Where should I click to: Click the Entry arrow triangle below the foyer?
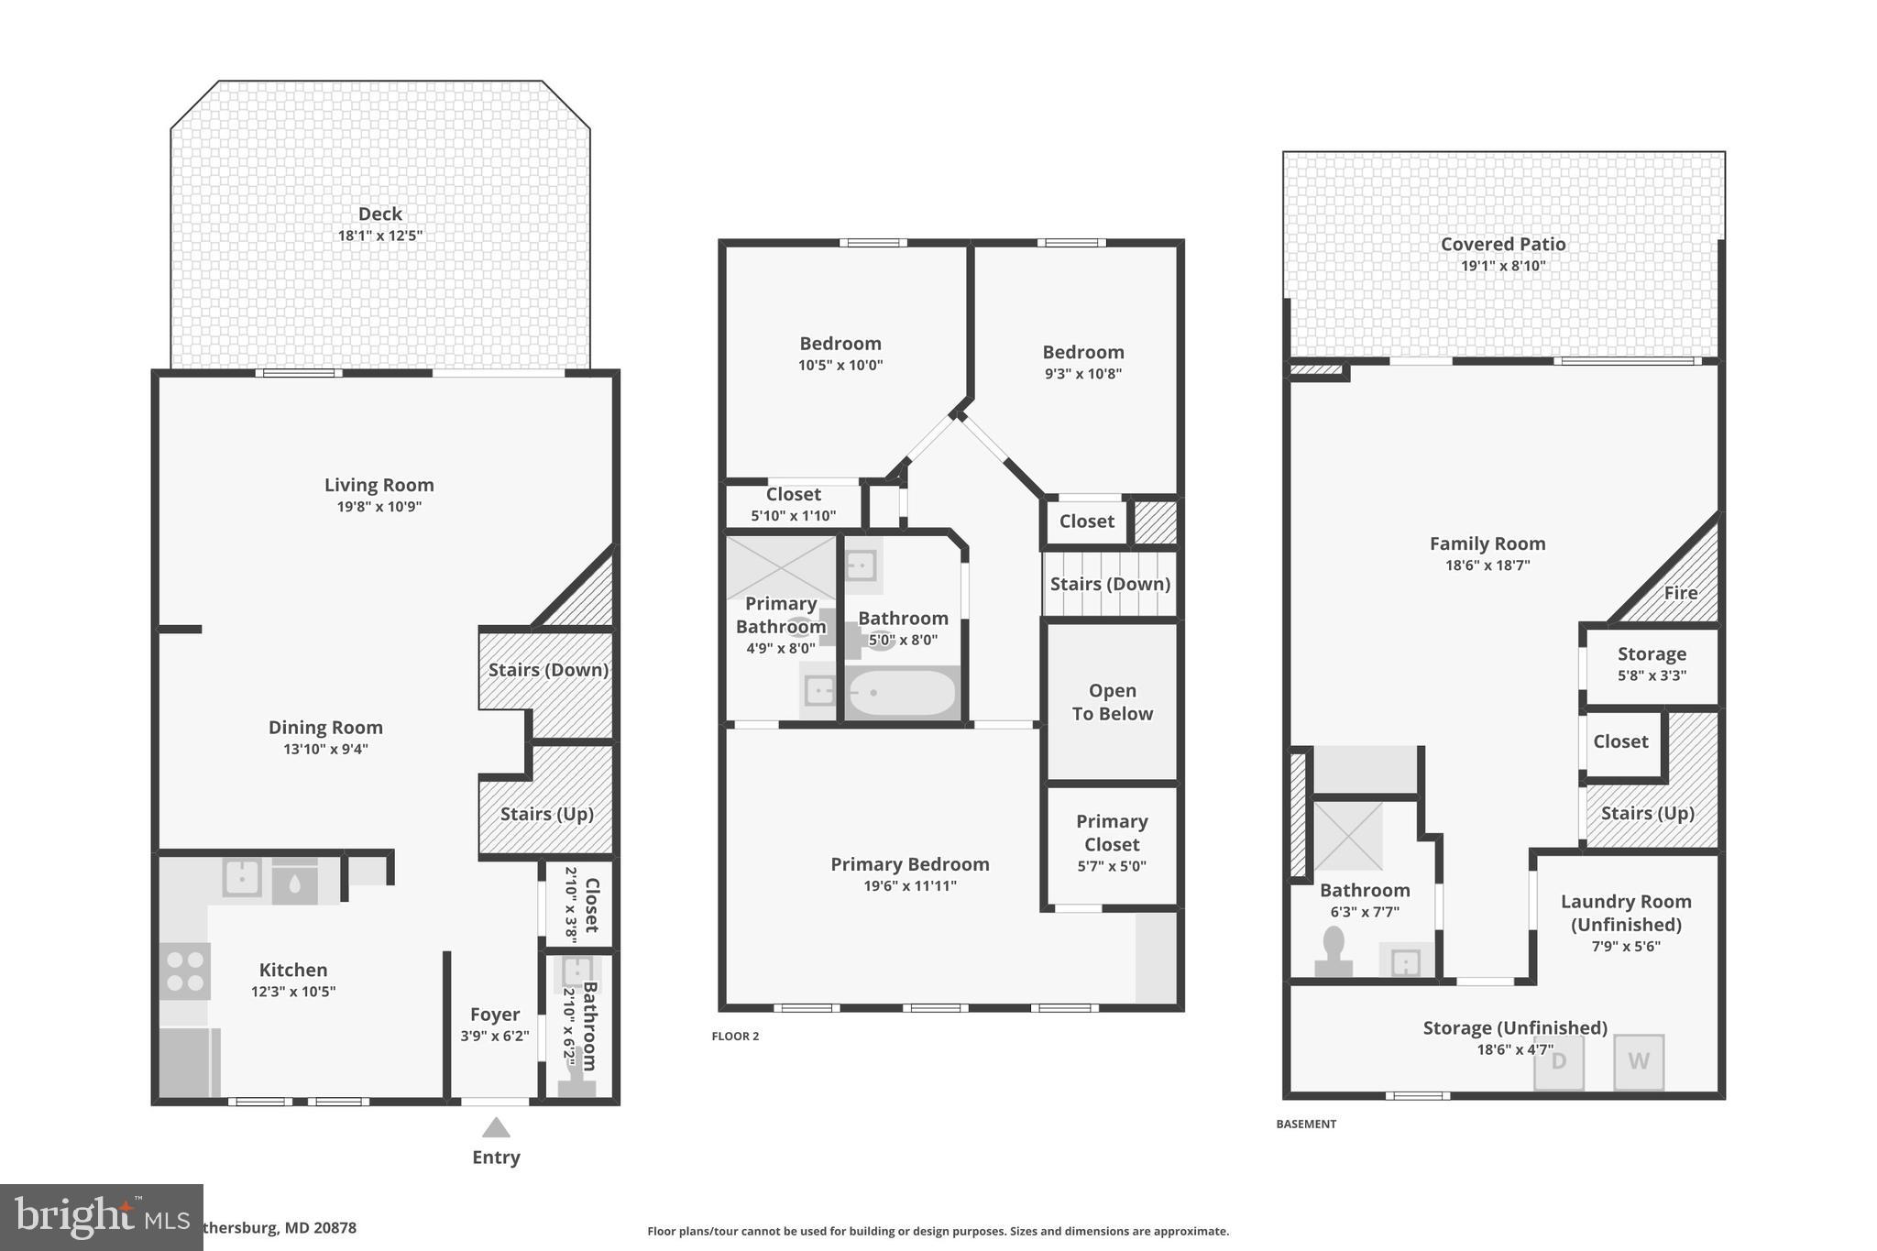pos(496,1127)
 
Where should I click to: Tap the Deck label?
pos(379,214)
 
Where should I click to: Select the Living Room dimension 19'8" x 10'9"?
pos(379,507)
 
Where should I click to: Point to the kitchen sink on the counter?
pos(242,878)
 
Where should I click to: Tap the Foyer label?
pos(495,1015)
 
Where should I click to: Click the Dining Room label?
pos(325,727)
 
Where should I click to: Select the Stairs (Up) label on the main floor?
pos(547,814)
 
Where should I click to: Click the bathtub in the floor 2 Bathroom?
pos(900,693)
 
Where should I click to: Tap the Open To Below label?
pos(1112,702)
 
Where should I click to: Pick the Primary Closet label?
pos(1112,832)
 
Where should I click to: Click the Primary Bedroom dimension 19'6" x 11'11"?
pos(910,885)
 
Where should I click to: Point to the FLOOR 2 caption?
pos(735,1037)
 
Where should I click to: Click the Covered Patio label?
pos(1503,244)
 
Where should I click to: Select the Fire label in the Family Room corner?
pos(1680,593)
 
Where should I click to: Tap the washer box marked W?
pos(1639,1061)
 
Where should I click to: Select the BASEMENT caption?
pos(1306,1124)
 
